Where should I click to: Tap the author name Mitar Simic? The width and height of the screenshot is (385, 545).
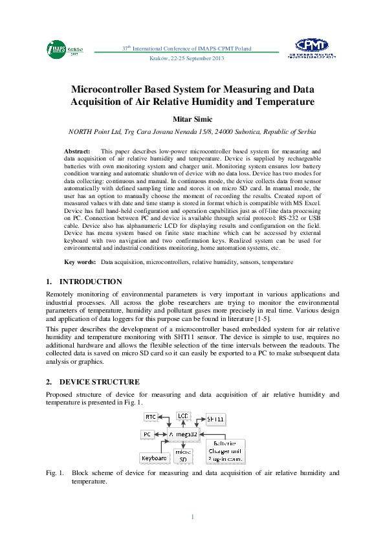pyautogui.click(x=192, y=118)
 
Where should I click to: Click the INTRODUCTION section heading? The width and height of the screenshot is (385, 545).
pyautogui.click(x=90, y=282)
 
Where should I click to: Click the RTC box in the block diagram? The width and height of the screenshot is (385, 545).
pyautogui.click(x=151, y=417)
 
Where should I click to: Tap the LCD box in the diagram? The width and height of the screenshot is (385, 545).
pyautogui.click(x=184, y=415)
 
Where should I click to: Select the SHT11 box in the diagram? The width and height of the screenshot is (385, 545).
pyautogui.click(x=216, y=419)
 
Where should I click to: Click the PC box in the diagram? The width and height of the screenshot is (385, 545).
pyautogui.click(x=148, y=434)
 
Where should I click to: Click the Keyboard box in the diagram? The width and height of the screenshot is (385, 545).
pyautogui.click(x=154, y=458)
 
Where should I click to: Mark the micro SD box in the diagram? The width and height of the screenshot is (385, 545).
pyautogui.click(x=184, y=456)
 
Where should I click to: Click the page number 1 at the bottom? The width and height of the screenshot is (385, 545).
pyautogui.click(x=192, y=516)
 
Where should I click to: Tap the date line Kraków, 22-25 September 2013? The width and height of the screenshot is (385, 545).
pyautogui.click(x=186, y=59)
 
